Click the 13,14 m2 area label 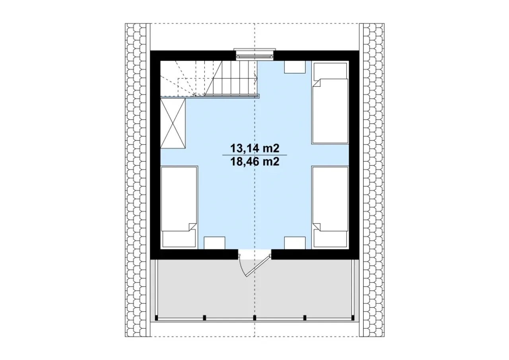click(255, 149)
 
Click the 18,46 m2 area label click(255, 162)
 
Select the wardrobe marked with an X click(173, 123)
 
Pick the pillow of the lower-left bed click(179, 239)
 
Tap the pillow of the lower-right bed click(330, 239)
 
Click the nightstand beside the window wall click(295, 67)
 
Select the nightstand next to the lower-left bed click(214, 243)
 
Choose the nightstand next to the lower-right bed click(295, 243)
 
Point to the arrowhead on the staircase click(256, 79)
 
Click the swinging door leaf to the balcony click(258, 266)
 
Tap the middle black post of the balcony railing click(254, 317)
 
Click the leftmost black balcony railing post click(156, 317)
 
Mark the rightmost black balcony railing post click(353, 317)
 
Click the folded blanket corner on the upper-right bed click(317, 83)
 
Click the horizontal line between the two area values click(254, 155)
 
